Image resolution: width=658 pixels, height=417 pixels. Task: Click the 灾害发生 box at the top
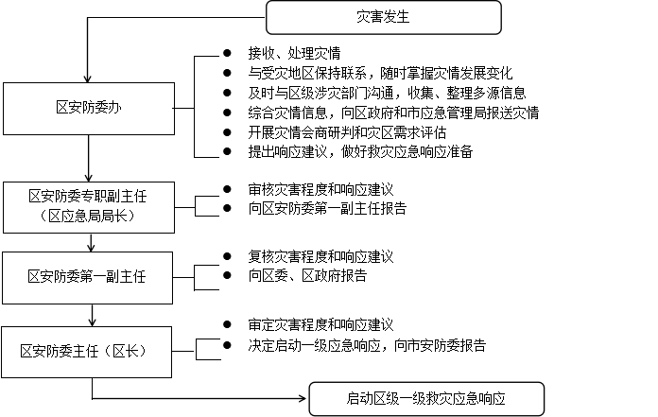click(x=383, y=17)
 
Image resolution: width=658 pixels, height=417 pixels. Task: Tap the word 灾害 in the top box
click(x=370, y=17)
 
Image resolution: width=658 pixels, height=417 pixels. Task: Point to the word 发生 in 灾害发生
click(x=396, y=17)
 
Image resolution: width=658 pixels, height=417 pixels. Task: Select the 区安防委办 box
click(x=89, y=108)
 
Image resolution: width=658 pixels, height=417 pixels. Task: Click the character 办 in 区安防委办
click(x=115, y=108)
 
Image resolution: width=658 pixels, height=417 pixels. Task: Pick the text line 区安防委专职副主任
click(x=88, y=197)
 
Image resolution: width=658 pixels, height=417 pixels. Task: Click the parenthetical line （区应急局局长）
click(x=88, y=217)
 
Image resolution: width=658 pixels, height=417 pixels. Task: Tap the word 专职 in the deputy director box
click(x=95, y=197)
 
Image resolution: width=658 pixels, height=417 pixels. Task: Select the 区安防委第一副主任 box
click(x=87, y=277)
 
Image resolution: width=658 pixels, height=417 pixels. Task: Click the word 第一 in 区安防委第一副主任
click(x=94, y=277)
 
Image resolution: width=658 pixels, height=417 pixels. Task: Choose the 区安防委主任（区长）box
click(x=86, y=352)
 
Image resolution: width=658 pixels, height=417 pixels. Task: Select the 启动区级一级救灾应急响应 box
click(x=426, y=399)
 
